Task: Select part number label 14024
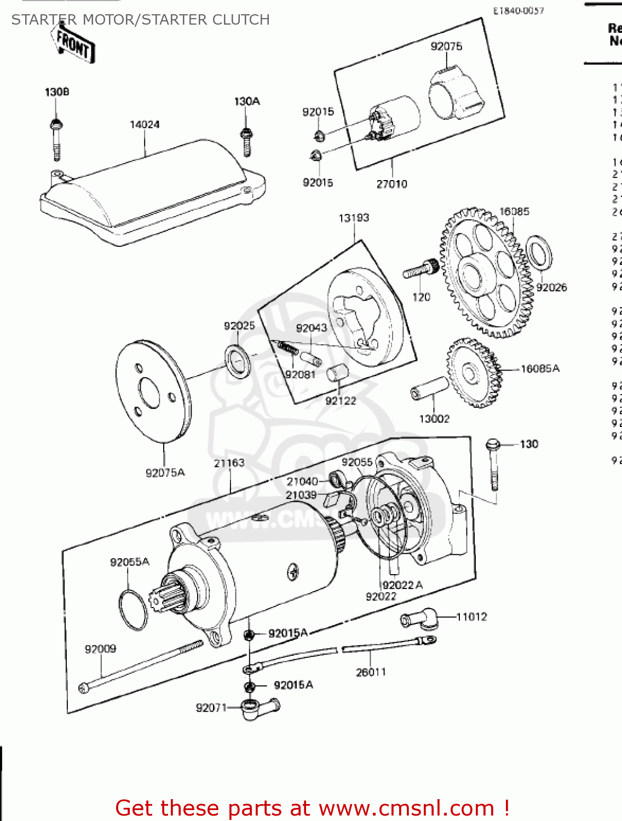[x=145, y=125]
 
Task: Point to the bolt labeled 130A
[x=246, y=141]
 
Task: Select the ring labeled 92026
[x=539, y=252]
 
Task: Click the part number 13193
[x=354, y=218]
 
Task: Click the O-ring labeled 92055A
[x=133, y=610]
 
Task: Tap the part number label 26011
[x=371, y=672]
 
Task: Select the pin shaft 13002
[x=429, y=388]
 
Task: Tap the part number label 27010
[x=391, y=184]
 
